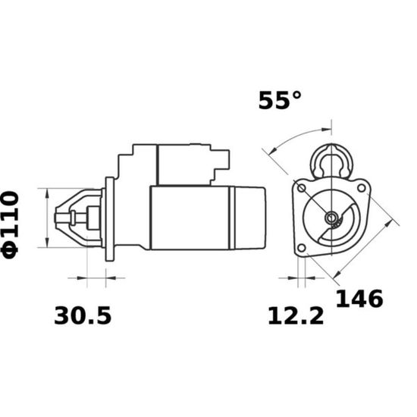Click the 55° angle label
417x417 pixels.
280,100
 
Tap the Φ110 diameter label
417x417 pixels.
11,224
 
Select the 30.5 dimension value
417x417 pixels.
83,315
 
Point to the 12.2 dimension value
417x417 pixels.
296,316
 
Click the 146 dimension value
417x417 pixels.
359,299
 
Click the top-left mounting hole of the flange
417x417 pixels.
301,189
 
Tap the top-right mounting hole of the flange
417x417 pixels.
361,188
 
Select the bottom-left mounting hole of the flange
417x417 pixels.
301,248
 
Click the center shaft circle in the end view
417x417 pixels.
331,218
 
